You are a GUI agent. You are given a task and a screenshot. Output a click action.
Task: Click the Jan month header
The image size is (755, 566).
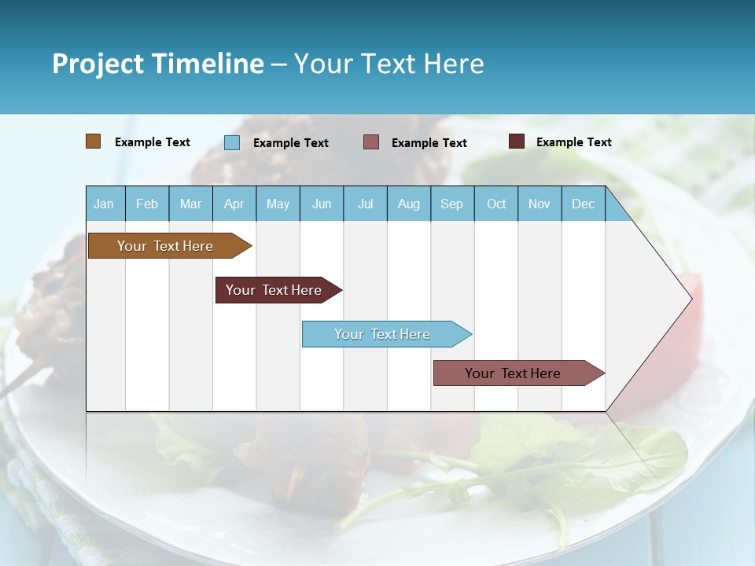point(104,204)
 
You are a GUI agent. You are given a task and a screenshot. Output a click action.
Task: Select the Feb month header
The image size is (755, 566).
point(147,204)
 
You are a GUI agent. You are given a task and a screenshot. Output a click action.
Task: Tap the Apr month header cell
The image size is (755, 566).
point(234,204)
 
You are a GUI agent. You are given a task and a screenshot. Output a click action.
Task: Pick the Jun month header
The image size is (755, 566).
point(322,204)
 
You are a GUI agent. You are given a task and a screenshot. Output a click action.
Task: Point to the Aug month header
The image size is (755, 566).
point(408,204)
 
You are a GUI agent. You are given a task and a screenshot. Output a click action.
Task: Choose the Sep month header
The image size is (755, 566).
point(451,204)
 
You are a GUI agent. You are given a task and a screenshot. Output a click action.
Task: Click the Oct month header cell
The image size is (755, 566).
point(496,204)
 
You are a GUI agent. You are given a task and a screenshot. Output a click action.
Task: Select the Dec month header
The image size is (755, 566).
point(583,204)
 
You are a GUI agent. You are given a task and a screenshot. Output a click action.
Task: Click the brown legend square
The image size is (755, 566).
point(94,141)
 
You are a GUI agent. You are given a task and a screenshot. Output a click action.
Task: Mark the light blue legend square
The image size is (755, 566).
point(232,142)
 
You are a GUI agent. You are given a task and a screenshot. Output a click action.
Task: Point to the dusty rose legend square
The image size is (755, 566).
point(371,142)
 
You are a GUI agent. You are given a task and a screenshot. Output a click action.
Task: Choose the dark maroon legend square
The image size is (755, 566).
point(517,141)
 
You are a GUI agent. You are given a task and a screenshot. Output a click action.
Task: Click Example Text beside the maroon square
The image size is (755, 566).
point(573,142)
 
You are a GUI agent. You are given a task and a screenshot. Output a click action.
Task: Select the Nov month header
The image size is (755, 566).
point(540,204)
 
